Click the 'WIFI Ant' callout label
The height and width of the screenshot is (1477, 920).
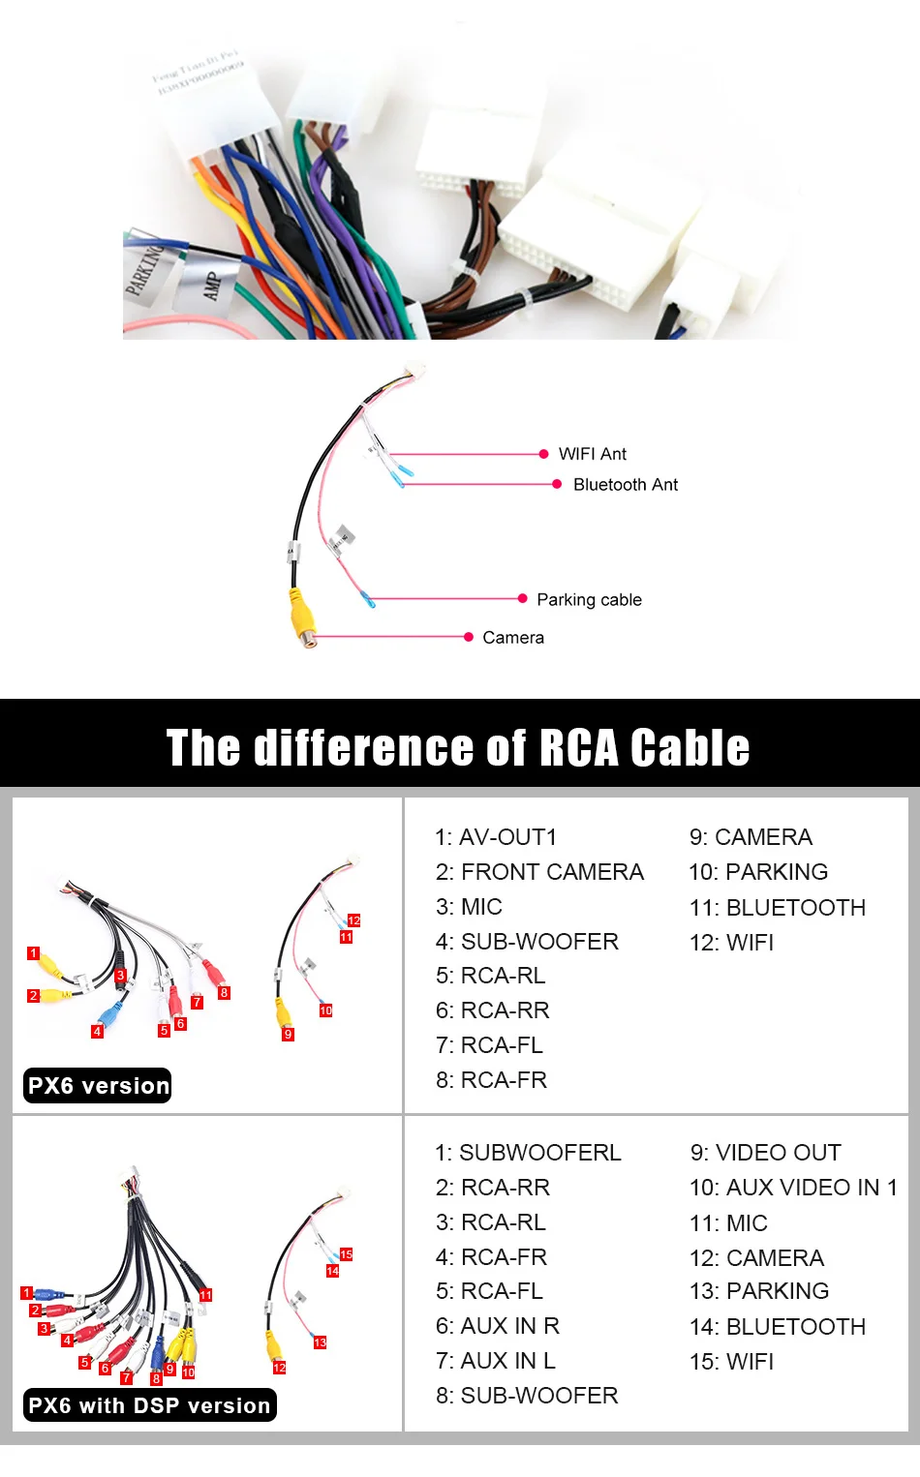(592, 454)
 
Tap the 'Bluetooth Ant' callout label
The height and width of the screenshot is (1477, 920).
(625, 484)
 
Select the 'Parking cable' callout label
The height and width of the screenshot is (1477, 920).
(589, 600)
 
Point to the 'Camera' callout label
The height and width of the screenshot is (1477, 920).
(513, 638)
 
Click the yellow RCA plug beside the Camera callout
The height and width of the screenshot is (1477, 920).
(303, 617)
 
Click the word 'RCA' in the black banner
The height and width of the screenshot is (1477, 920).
(578, 748)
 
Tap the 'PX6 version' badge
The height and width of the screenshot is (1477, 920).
(98, 1086)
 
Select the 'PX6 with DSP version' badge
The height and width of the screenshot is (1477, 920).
(149, 1405)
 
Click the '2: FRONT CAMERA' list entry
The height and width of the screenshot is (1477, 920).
(539, 872)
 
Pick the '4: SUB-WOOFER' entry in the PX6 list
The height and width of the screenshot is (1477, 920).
(527, 942)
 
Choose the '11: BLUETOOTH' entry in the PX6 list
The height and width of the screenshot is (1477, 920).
(777, 908)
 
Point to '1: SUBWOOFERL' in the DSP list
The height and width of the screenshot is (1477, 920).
(528, 1153)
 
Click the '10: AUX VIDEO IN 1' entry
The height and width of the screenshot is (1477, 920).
(793, 1188)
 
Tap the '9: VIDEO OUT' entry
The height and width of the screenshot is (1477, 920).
(765, 1153)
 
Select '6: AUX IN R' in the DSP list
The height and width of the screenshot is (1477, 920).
(498, 1326)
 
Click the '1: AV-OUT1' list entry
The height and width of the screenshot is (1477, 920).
(496, 837)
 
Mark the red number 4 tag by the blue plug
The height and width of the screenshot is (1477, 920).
(97, 1032)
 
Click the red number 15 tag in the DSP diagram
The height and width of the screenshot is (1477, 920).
(346, 1254)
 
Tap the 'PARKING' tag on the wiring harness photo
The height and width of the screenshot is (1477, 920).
(145, 270)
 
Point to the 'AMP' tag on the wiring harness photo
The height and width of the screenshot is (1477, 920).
(211, 286)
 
